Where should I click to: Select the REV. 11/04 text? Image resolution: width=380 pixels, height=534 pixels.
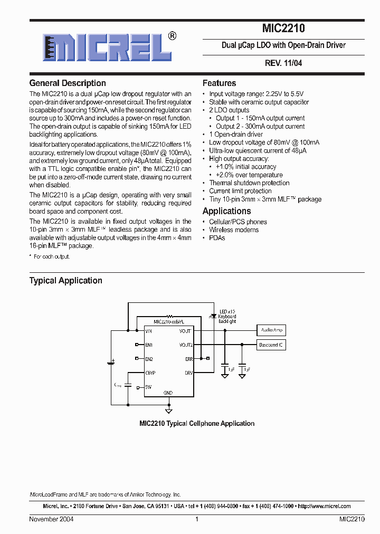click(x=283, y=63)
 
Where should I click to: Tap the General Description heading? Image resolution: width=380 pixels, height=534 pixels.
click(x=68, y=83)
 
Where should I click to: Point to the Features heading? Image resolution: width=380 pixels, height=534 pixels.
click(x=219, y=83)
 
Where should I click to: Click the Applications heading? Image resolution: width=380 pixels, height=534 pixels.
click(x=227, y=211)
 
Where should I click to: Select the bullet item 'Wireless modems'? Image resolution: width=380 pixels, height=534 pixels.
click(x=234, y=230)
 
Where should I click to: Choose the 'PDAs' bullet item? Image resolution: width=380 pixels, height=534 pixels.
click(x=217, y=238)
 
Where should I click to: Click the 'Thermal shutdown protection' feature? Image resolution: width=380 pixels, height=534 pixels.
click(x=249, y=183)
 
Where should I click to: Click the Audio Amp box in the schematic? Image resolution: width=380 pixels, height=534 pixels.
click(x=272, y=330)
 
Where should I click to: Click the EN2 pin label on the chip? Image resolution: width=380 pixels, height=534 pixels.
click(x=149, y=359)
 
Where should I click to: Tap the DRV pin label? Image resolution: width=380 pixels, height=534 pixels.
click(x=188, y=373)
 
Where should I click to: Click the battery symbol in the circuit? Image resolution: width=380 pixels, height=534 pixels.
click(x=111, y=363)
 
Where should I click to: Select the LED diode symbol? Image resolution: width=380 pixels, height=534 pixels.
click(x=213, y=317)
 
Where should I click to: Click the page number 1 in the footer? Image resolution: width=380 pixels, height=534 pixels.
click(x=196, y=519)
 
